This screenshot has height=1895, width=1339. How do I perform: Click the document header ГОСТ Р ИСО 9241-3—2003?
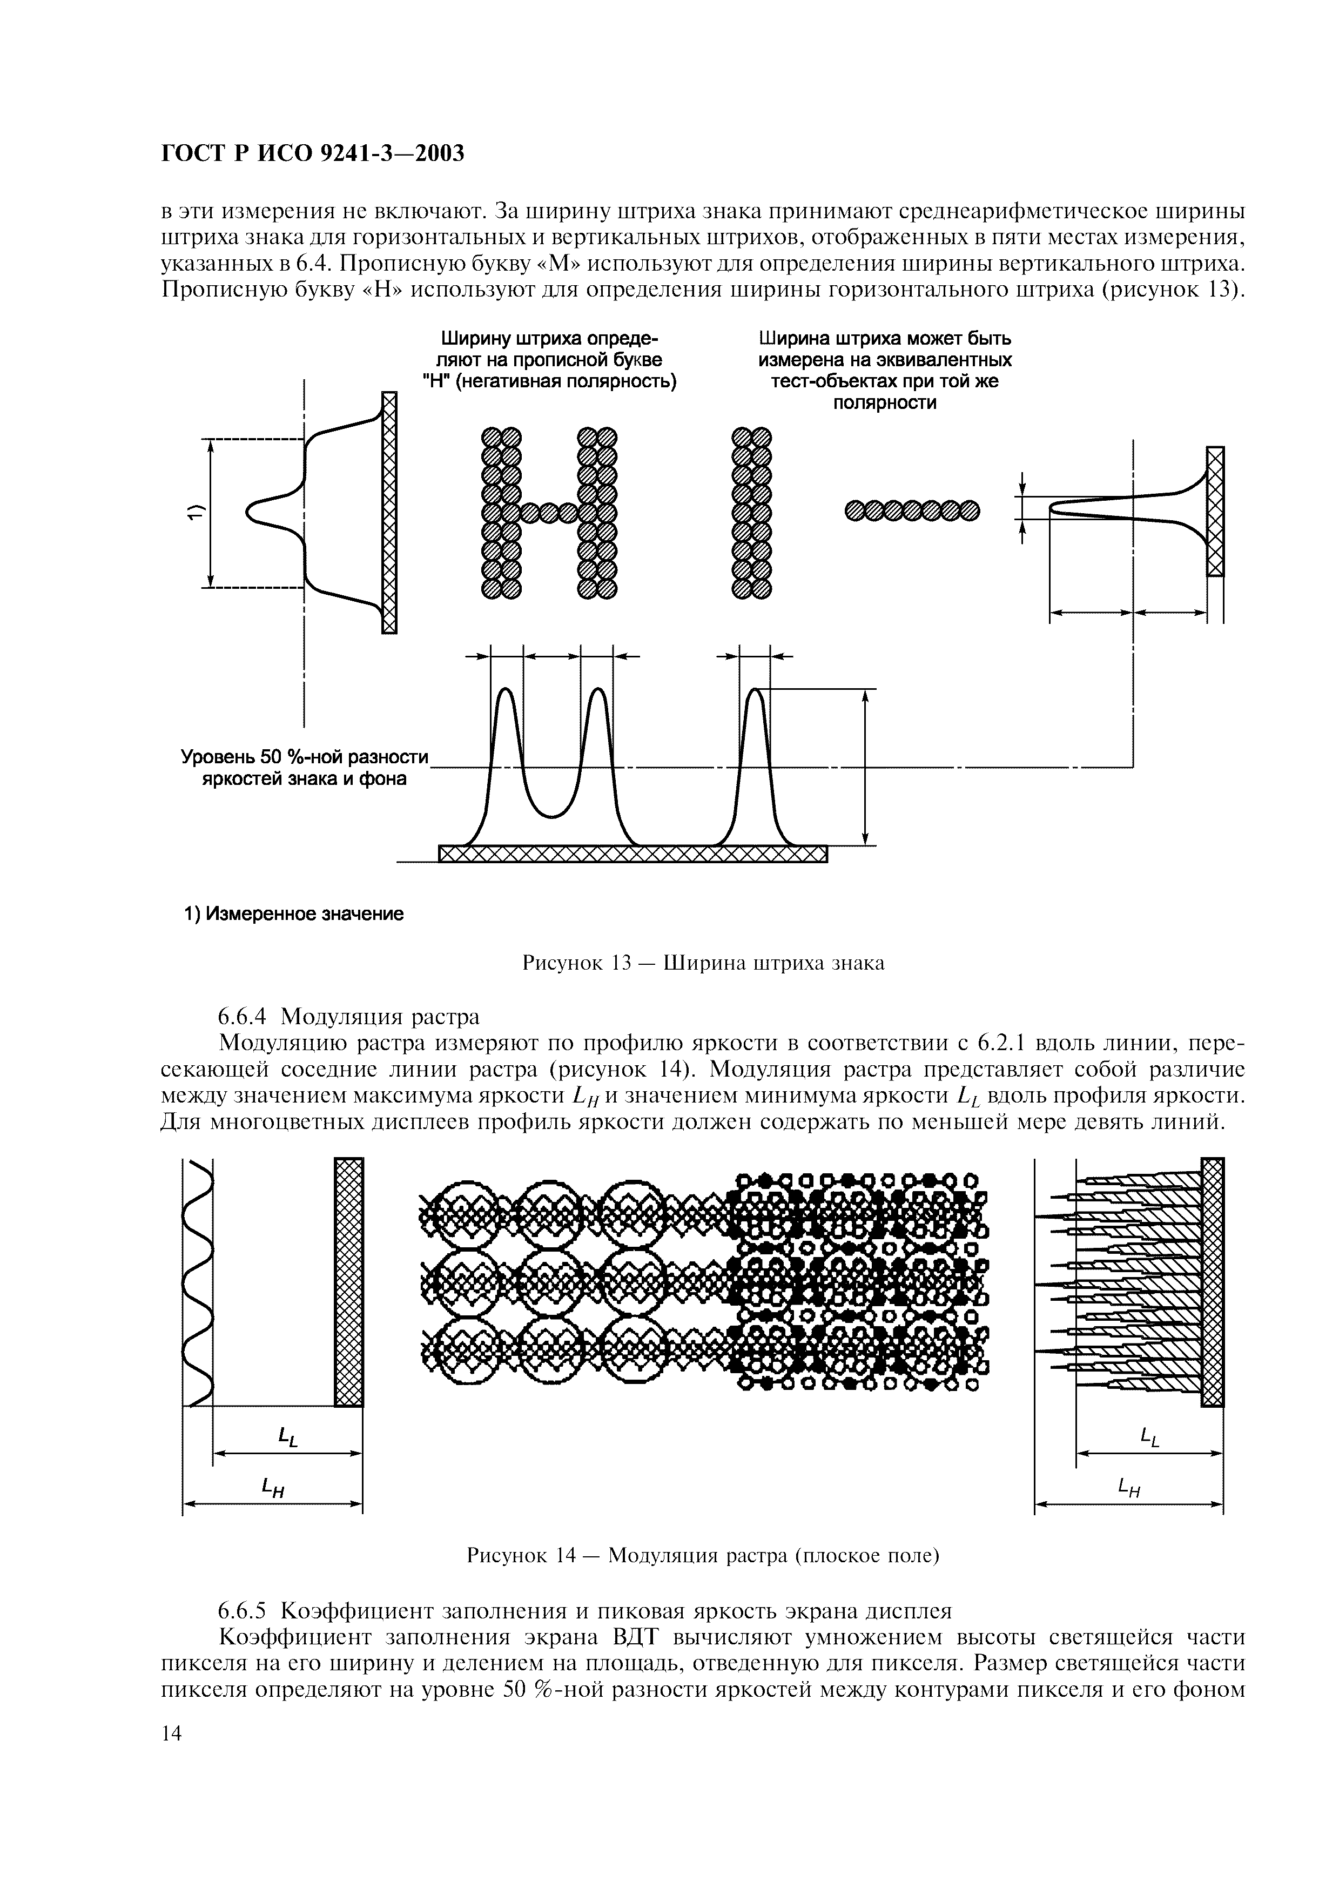(312, 153)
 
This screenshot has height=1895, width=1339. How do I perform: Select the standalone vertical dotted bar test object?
(751, 512)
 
